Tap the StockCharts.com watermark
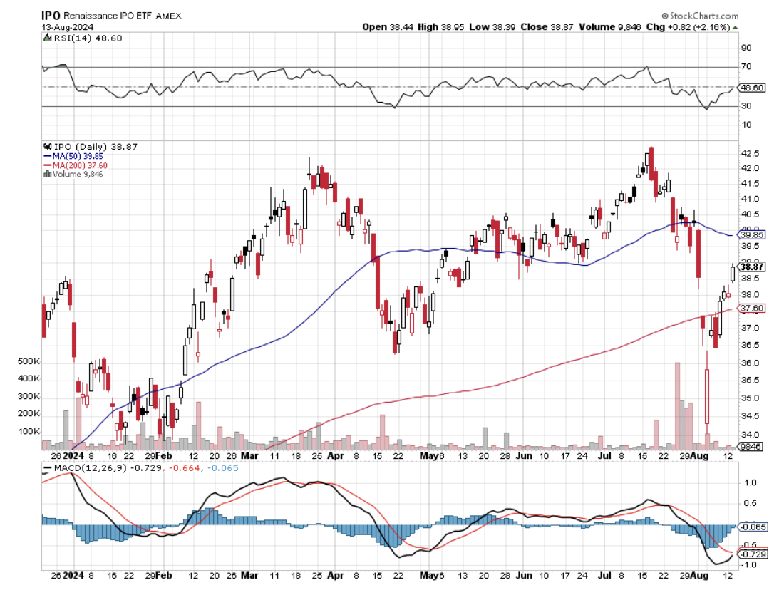[703, 16]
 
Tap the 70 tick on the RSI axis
[746, 66]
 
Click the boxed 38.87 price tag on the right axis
[752, 267]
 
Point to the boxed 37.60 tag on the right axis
[752, 309]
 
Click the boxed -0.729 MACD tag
[753, 554]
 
